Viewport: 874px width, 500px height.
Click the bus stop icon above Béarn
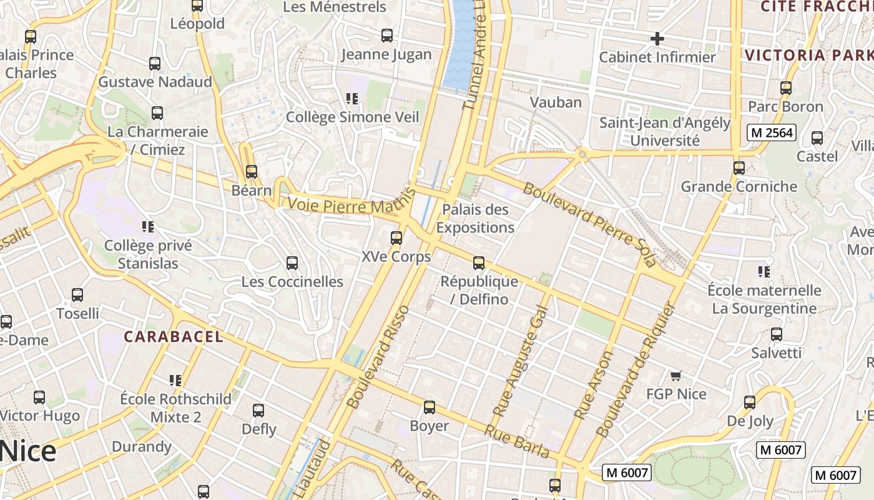pyautogui.click(x=252, y=171)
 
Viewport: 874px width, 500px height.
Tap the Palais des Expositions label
pyautogui.click(x=475, y=218)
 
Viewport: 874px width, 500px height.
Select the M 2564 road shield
pyautogui.click(x=772, y=132)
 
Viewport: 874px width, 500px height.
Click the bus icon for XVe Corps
pyautogui.click(x=396, y=238)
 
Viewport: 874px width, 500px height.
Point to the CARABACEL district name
pyautogui.click(x=173, y=337)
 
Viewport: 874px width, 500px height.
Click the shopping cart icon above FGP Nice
pyautogui.click(x=675, y=376)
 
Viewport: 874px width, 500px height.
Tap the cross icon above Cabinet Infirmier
pyautogui.click(x=657, y=39)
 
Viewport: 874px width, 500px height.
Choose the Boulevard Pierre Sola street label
pyautogui.click(x=590, y=224)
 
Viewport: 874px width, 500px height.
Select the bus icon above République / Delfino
pyautogui.click(x=479, y=263)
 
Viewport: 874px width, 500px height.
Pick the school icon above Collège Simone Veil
pyautogui.click(x=352, y=98)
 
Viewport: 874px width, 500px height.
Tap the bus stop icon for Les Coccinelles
pyautogui.click(x=292, y=263)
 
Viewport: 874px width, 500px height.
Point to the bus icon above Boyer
pyautogui.click(x=430, y=407)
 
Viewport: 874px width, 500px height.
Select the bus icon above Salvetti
pyautogui.click(x=777, y=334)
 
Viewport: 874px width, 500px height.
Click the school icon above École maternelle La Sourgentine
pyautogui.click(x=764, y=272)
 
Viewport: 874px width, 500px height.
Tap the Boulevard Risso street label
pyautogui.click(x=378, y=357)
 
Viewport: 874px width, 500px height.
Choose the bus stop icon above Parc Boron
pyautogui.click(x=786, y=88)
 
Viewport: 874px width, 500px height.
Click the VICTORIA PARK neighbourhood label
pyautogui.click(x=809, y=55)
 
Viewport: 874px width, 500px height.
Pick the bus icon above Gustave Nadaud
pyautogui.click(x=155, y=64)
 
